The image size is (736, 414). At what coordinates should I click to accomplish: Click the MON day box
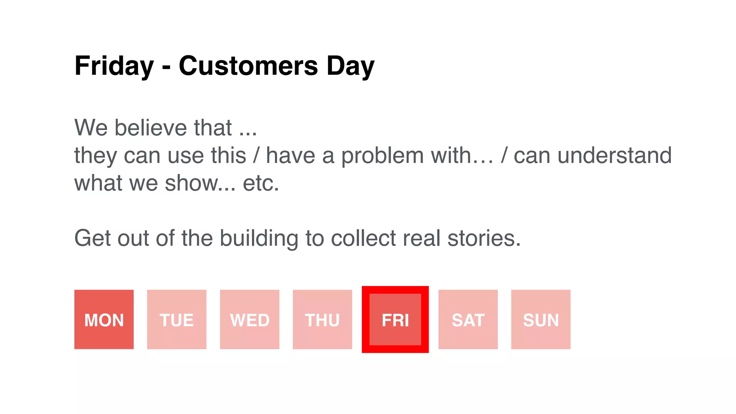104,319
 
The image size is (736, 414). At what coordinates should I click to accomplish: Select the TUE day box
176,319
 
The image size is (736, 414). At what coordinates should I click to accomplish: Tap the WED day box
249,319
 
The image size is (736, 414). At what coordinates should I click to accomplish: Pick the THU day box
322,319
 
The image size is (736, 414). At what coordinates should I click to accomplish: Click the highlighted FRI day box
395,319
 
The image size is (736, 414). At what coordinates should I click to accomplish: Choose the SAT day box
468,319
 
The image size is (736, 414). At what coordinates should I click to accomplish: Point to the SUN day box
540,319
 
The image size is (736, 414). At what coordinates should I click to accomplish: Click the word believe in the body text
151,128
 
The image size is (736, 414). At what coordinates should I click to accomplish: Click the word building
259,238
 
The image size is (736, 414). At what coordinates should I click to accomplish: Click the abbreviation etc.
261,183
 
